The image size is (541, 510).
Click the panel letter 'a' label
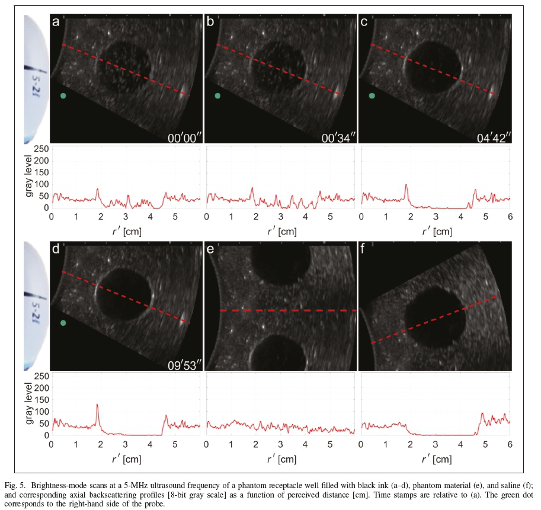pyautogui.click(x=56, y=23)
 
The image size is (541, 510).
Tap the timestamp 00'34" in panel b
pyautogui.click(x=337, y=137)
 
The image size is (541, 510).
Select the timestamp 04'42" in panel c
pyautogui.click(x=491, y=137)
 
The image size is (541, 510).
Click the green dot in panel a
pyautogui.click(x=63, y=95)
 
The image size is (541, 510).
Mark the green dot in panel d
pyautogui.click(x=63, y=323)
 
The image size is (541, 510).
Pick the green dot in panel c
pyautogui.click(x=372, y=95)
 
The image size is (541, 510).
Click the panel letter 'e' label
pyautogui.click(x=210, y=251)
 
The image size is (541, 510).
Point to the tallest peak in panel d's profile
pyautogui.click(x=97, y=405)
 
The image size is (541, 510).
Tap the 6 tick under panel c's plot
pyautogui.click(x=510, y=218)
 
